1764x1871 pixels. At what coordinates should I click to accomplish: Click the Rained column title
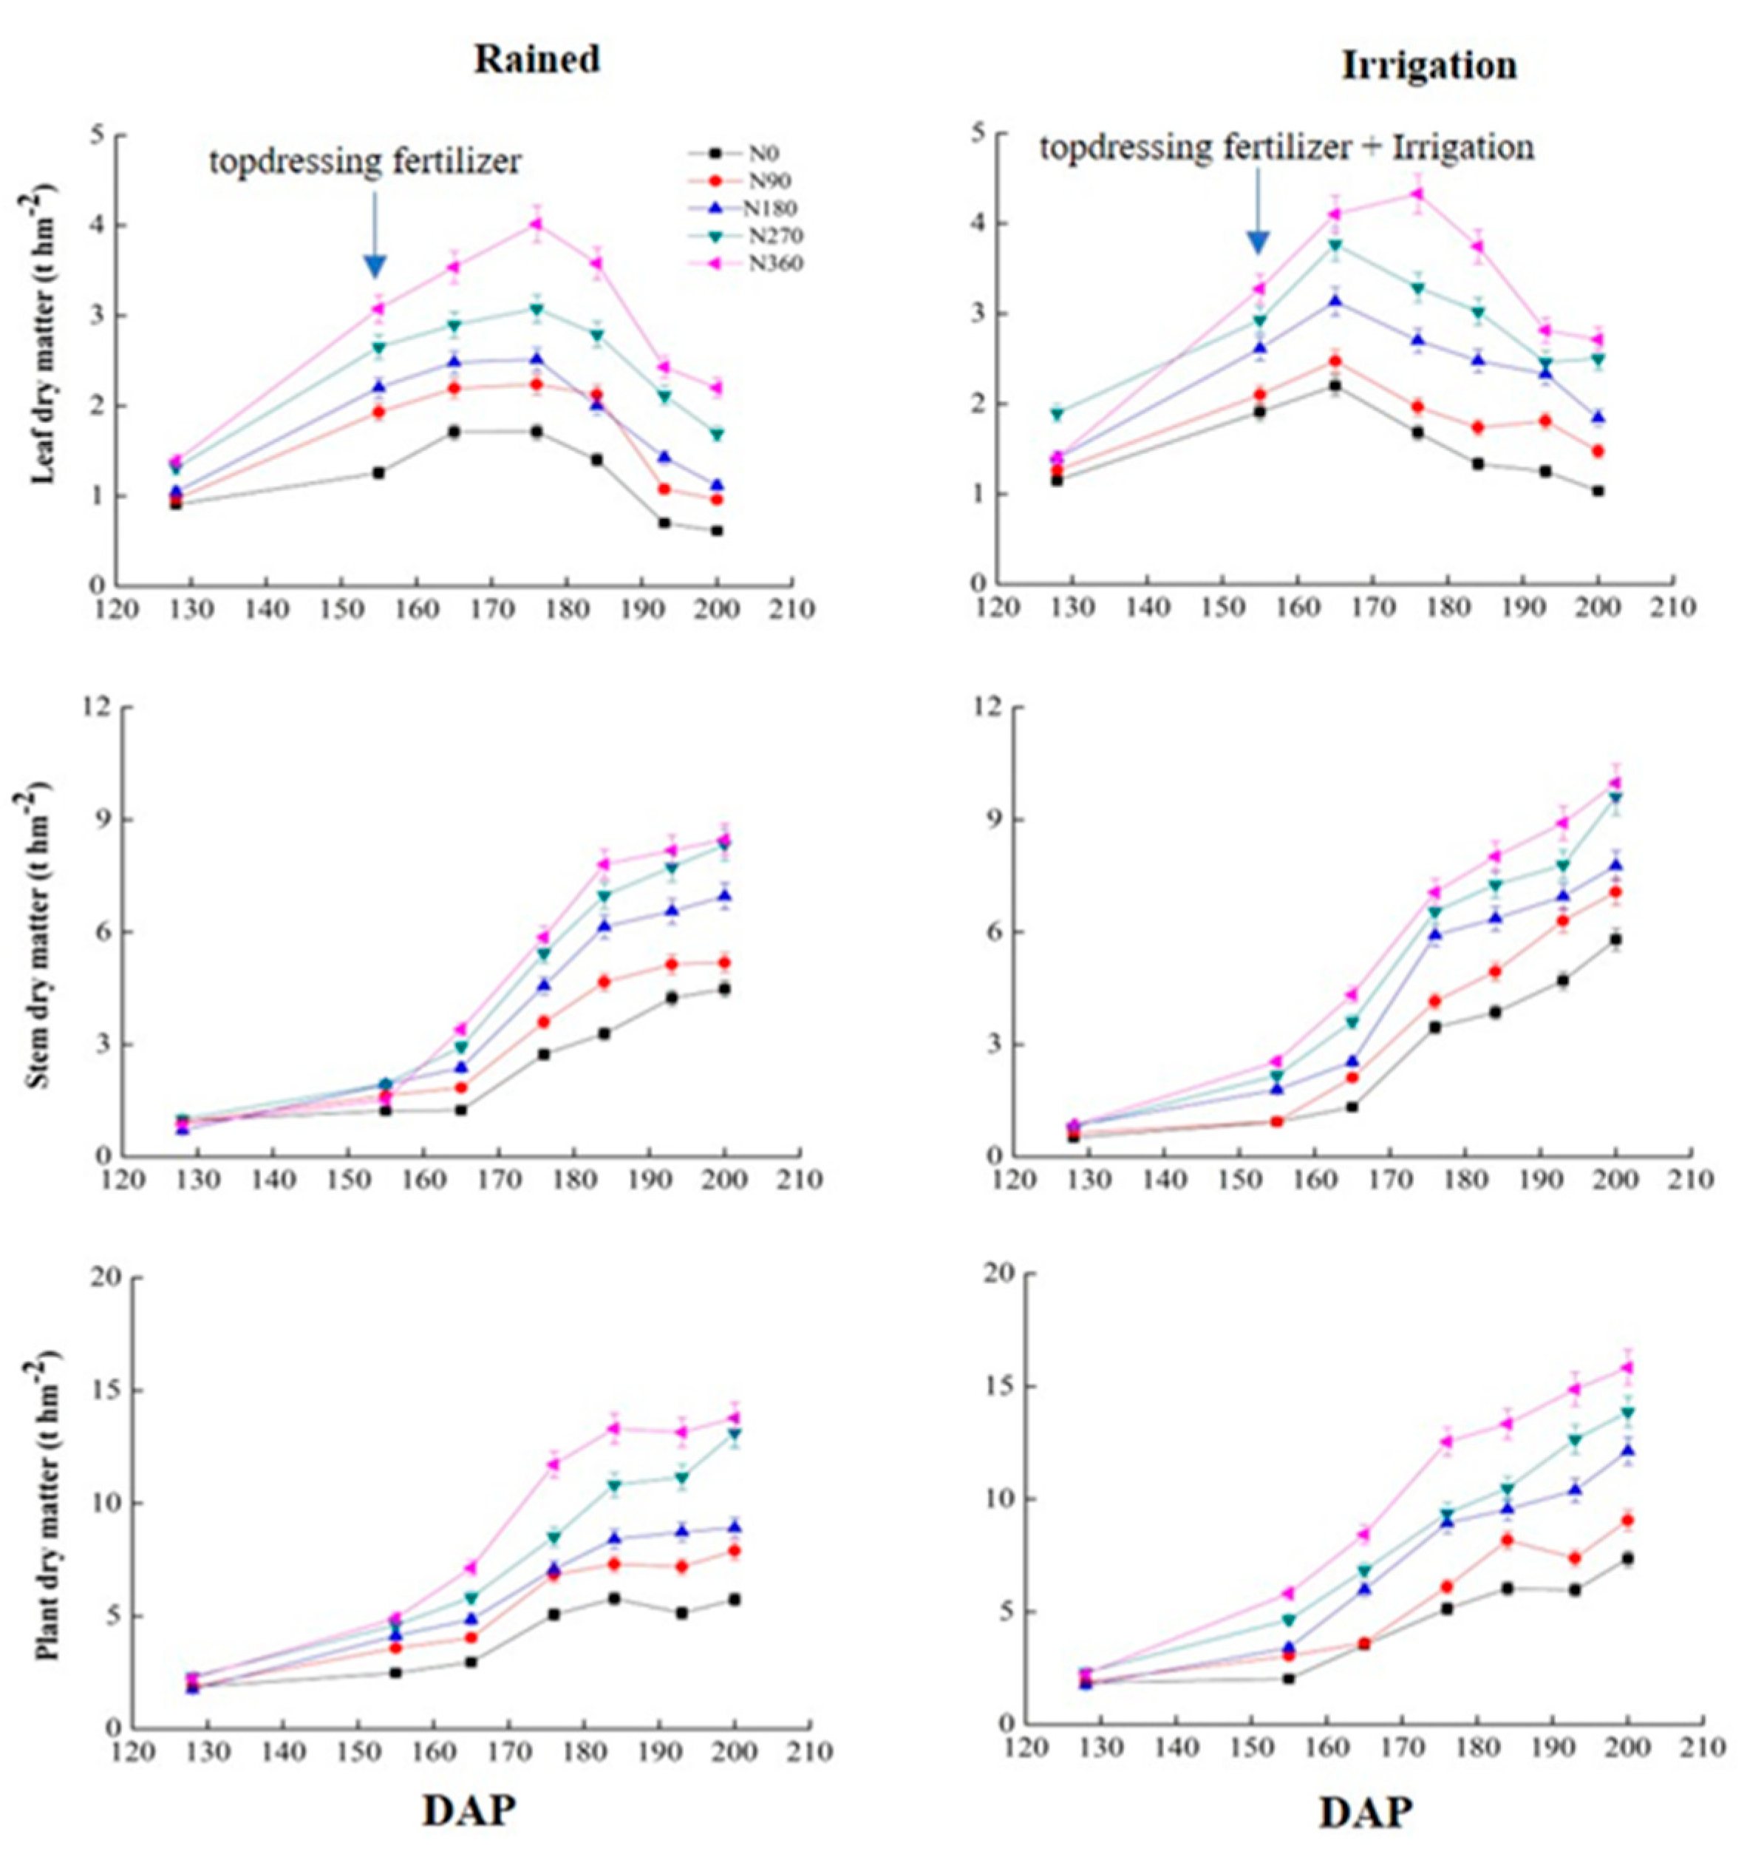[x=537, y=58]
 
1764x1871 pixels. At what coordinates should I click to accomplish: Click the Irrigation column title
[x=1428, y=65]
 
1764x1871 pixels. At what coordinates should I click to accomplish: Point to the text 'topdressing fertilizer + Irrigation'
[x=1287, y=147]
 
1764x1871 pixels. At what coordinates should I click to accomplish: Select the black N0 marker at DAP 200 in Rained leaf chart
[x=717, y=531]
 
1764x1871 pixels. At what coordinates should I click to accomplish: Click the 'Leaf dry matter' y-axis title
[x=42, y=334]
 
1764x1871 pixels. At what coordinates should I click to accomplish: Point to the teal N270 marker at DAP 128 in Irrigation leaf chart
[x=1058, y=413]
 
